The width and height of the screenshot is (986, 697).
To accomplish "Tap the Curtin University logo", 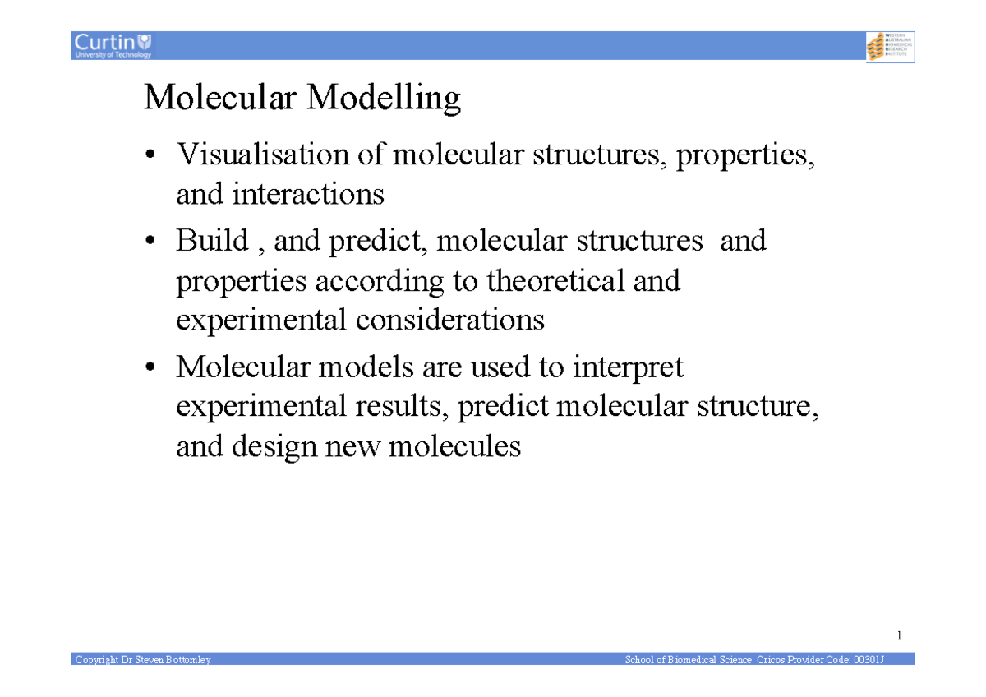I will point(113,45).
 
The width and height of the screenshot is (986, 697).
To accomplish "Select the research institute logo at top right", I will point(890,46).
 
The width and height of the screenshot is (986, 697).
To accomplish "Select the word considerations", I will point(449,320).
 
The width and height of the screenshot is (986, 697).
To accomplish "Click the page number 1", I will point(900,635).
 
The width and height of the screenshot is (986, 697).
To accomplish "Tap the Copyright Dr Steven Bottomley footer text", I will point(143,659).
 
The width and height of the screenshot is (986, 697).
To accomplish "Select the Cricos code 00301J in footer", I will point(868,659).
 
